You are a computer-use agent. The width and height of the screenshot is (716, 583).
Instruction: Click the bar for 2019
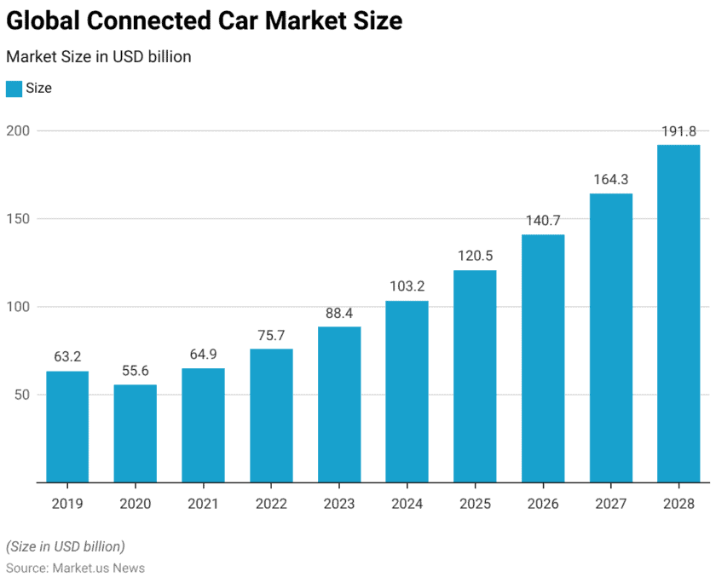tap(67, 426)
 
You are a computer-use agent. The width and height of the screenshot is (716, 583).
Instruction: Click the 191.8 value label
tap(678, 131)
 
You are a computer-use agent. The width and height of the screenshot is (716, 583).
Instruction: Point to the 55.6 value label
tap(136, 371)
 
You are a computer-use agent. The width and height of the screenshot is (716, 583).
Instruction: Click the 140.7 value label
tap(543, 221)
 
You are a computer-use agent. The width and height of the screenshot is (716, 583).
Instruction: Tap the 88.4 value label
tap(339, 313)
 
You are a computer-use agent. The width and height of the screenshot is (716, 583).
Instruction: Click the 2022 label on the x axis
tap(271, 504)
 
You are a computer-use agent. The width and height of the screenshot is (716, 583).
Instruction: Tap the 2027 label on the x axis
tap(610, 504)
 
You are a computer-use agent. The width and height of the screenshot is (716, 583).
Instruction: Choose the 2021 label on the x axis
tap(203, 504)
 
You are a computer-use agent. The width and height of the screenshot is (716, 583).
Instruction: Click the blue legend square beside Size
tap(14, 89)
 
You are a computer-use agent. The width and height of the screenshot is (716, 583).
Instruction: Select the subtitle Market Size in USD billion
tap(98, 57)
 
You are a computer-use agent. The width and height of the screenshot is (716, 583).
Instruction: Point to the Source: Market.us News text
tap(75, 568)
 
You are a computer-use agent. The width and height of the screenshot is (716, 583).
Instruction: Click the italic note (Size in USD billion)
tap(65, 546)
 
